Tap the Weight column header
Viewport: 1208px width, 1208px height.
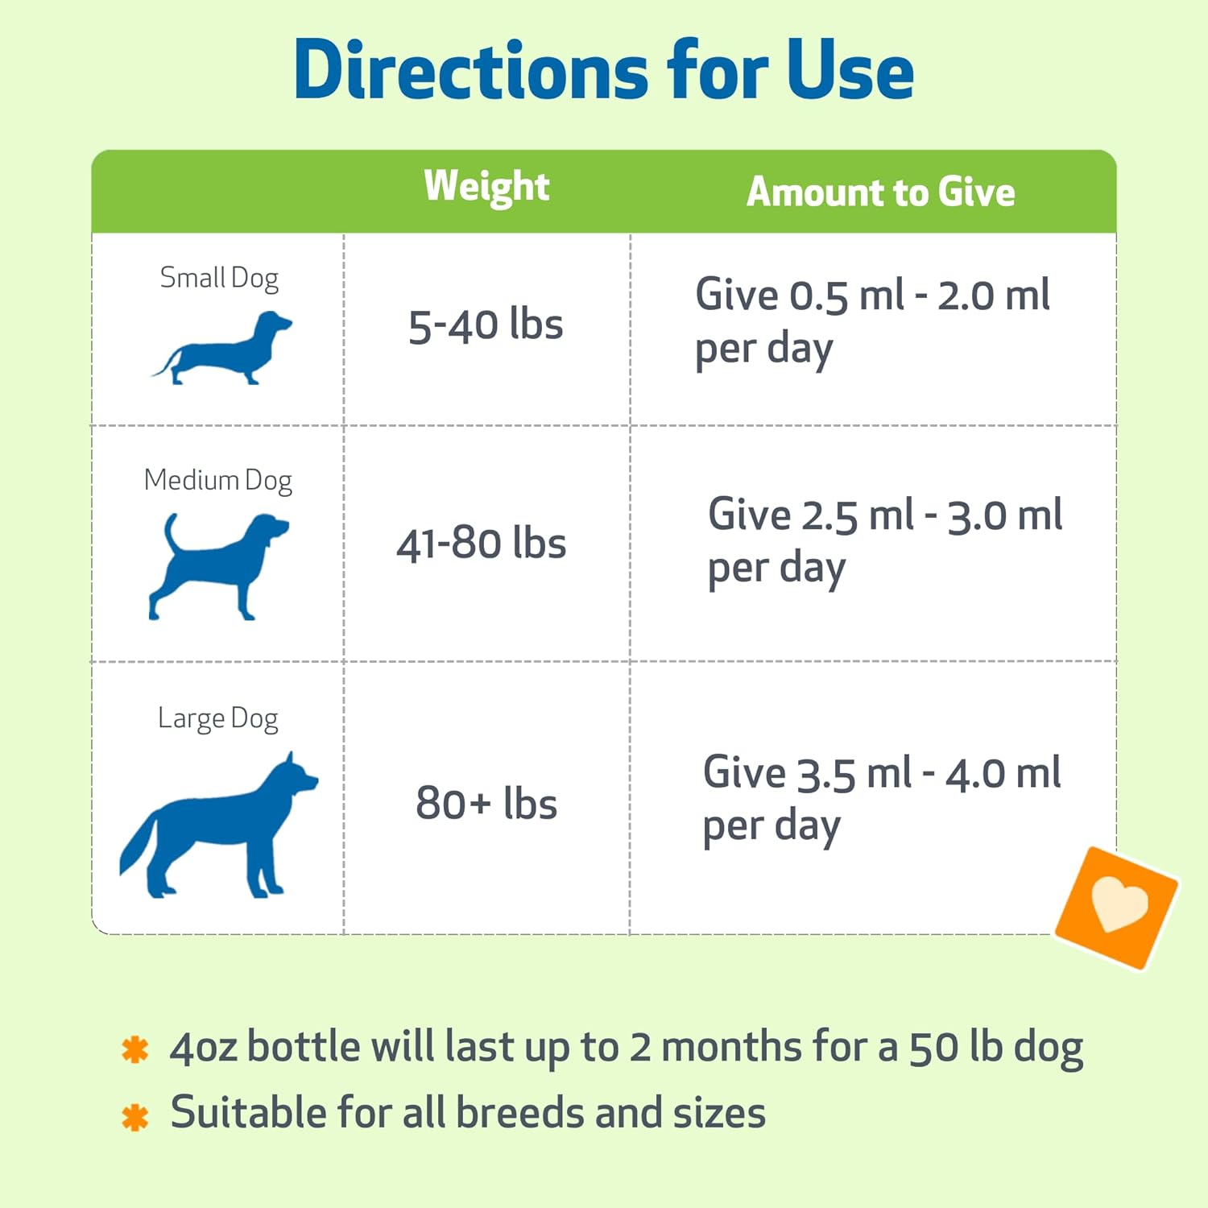486,187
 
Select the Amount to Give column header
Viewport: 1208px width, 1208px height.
880,192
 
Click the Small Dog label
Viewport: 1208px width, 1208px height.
219,278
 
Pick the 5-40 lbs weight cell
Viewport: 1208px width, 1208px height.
486,325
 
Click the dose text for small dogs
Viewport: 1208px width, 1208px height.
871,321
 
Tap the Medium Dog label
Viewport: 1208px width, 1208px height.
217,480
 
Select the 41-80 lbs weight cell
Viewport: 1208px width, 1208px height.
482,544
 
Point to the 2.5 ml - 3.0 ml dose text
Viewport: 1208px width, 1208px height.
884,540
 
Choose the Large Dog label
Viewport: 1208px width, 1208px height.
217,718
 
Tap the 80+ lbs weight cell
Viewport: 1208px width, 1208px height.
486,803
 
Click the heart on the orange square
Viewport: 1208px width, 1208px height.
1118,904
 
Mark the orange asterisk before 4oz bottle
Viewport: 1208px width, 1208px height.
134,1049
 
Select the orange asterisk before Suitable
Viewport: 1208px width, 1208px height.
134,1116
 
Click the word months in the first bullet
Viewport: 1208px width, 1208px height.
730,1048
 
